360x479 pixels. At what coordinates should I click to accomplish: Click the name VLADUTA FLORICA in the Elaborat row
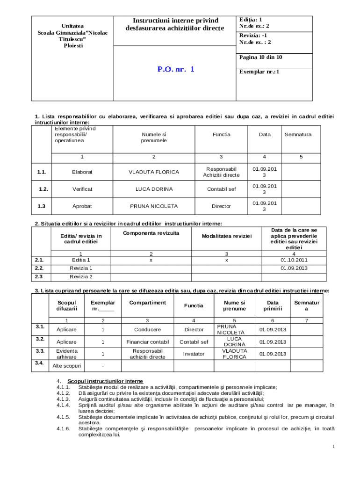[x=154, y=172]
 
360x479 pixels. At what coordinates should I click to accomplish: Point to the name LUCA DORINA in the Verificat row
[x=154, y=189]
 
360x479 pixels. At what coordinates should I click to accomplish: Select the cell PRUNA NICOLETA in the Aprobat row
[x=154, y=206]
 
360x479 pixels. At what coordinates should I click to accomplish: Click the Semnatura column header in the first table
[x=298, y=134]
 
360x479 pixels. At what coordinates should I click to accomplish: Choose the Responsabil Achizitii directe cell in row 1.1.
[x=221, y=172]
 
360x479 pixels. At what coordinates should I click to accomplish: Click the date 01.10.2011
[x=294, y=260]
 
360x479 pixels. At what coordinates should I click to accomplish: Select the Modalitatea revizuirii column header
[x=227, y=236]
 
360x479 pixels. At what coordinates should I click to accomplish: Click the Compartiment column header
[x=147, y=302]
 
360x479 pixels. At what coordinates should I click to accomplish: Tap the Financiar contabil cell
[x=147, y=341]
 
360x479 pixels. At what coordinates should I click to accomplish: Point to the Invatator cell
[x=194, y=354]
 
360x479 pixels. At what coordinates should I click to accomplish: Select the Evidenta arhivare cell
[x=66, y=354]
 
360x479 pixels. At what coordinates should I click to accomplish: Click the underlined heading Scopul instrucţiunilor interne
[x=105, y=381]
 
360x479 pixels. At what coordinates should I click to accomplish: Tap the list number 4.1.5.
[x=63, y=403]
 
